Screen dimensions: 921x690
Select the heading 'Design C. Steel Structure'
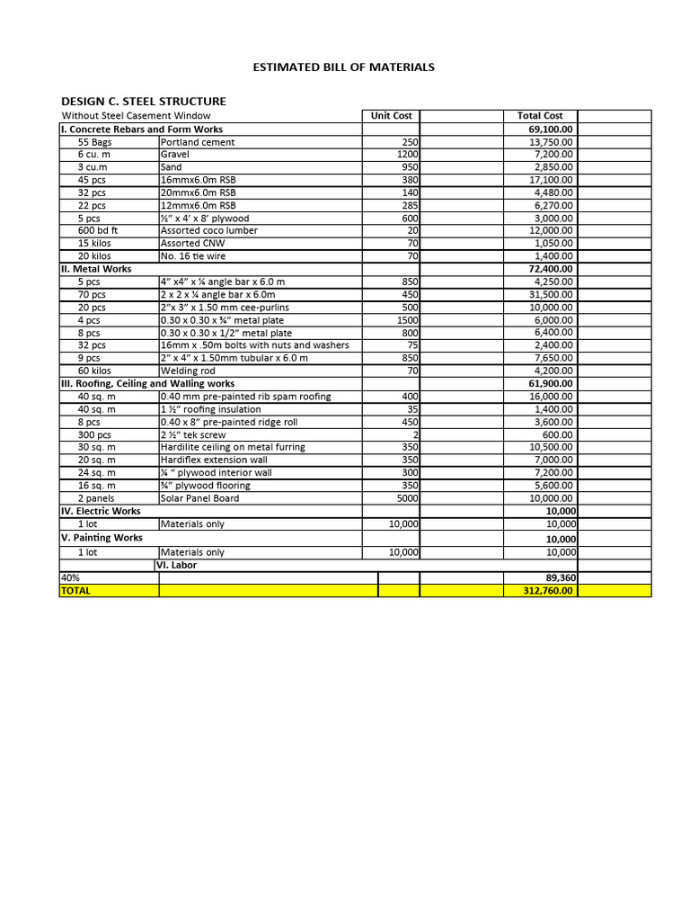click(x=143, y=101)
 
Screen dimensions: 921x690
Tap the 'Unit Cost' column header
click(x=391, y=116)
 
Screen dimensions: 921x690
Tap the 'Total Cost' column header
click(x=540, y=116)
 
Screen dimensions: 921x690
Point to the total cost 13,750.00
click(x=551, y=142)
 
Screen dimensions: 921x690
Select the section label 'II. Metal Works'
click(x=96, y=269)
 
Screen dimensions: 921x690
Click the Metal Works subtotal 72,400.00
click(x=550, y=269)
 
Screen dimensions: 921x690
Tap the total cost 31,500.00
click(x=551, y=294)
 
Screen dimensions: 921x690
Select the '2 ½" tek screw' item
click(x=193, y=434)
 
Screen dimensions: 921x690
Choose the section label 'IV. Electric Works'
click(x=101, y=511)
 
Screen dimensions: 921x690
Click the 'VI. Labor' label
click(x=176, y=566)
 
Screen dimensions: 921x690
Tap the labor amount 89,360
click(x=556, y=578)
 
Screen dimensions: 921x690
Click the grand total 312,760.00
click(x=549, y=591)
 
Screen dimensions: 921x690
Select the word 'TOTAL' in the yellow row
click(x=75, y=591)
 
